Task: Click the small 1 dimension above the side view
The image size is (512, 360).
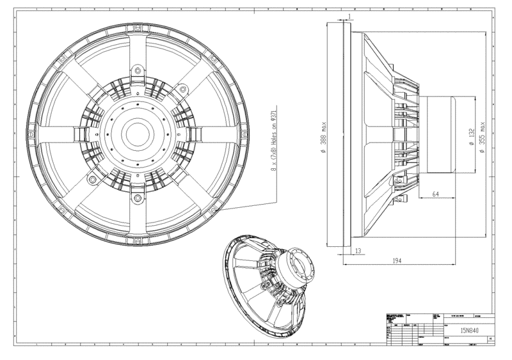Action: pos(350,15)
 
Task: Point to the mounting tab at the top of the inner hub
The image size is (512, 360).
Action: pos(136,71)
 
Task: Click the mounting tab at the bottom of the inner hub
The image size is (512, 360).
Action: pos(136,199)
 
